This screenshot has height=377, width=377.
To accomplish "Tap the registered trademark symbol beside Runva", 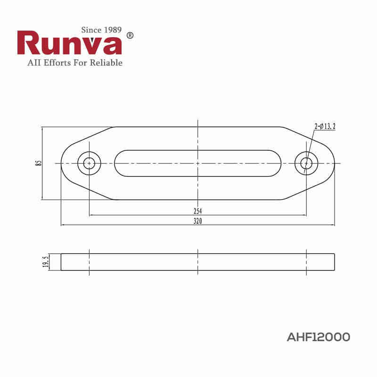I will [x=131, y=36].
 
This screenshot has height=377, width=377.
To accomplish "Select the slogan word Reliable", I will [x=105, y=63].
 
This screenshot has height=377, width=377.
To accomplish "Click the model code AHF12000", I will [x=318, y=337].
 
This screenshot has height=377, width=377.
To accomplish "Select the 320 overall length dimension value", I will [x=197, y=221].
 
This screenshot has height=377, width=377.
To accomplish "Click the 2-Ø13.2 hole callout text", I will [x=325, y=126].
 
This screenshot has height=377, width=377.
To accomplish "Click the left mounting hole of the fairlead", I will [x=89, y=163].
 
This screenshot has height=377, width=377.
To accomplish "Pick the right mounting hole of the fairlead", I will [x=306, y=163].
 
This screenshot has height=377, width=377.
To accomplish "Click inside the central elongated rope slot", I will [x=197, y=163].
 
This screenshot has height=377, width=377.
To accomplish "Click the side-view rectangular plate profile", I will [x=197, y=262].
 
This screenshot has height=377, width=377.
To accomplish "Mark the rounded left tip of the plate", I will [x=64, y=163].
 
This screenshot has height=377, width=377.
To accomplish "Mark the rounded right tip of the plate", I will [x=332, y=163].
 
